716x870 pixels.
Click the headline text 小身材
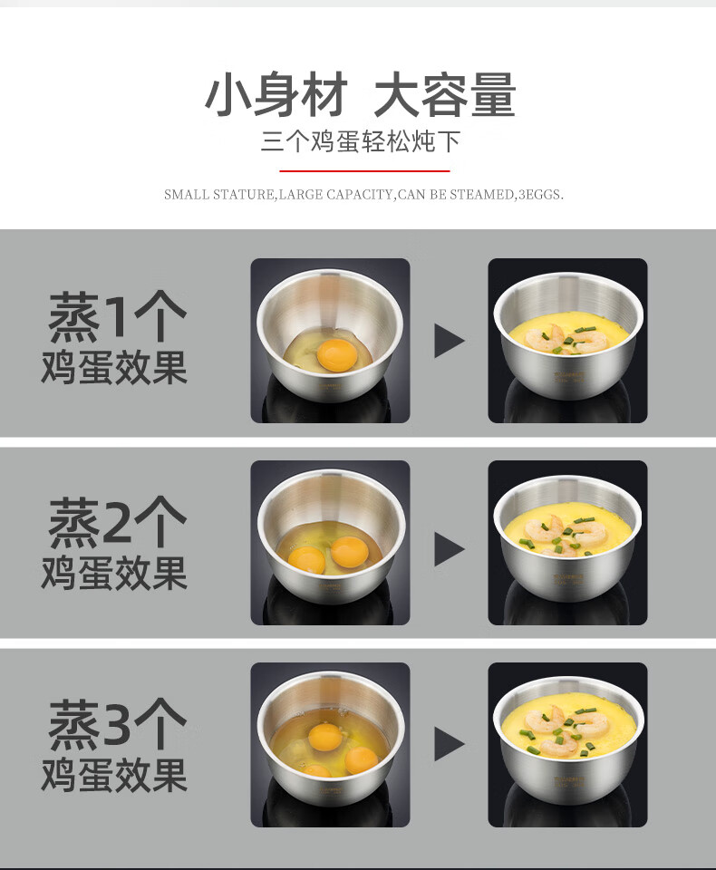tap(276, 95)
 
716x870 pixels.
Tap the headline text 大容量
tap(445, 95)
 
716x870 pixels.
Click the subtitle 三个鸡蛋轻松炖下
tap(362, 141)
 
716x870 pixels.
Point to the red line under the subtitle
tap(364, 171)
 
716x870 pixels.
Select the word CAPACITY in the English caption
tap(359, 195)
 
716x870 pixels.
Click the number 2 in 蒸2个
tap(117, 522)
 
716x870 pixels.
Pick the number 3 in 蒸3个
tap(117, 723)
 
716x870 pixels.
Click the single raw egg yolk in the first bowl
tap(337, 354)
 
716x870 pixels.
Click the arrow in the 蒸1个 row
tap(449, 341)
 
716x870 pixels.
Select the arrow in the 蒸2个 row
tap(449, 549)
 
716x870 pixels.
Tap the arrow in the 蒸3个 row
tap(449, 743)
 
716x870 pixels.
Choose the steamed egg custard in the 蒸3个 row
tap(568, 728)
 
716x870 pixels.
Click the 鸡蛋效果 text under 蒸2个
tap(114, 573)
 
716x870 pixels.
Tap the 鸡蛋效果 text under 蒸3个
tap(114, 775)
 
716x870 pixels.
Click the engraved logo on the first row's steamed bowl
tap(569, 377)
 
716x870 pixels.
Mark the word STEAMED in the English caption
tap(482, 195)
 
